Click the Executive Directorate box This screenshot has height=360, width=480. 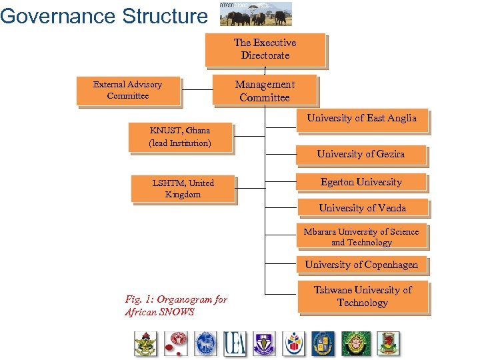(265, 49)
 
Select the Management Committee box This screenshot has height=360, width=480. (265, 91)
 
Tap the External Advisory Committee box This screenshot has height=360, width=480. (127, 91)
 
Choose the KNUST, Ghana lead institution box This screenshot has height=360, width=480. (179, 137)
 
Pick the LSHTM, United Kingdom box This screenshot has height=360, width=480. (183, 189)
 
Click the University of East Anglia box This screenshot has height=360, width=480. (361, 119)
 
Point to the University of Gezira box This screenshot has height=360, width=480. (361, 154)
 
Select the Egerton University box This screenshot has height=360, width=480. (361, 182)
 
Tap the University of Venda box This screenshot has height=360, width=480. (362, 208)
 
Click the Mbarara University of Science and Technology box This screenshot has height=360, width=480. (361, 237)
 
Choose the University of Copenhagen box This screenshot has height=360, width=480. (361, 265)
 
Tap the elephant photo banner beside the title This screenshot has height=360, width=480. (256, 14)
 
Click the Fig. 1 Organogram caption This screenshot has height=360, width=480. (175, 305)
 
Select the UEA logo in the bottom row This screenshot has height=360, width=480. (235, 343)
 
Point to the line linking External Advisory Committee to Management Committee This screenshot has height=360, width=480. (197, 90)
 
